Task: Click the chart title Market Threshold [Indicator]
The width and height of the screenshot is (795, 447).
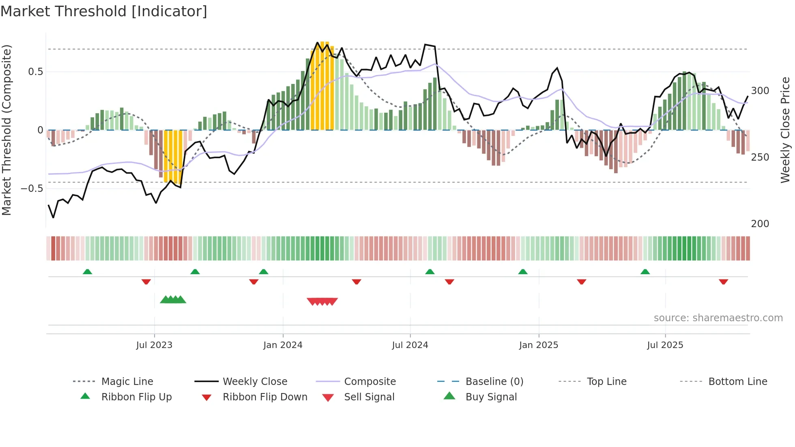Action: click(x=104, y=11)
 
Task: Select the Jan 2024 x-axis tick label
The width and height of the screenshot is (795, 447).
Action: click(x=283, y=345)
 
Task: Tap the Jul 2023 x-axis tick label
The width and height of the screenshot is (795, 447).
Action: click(x=154, y=345)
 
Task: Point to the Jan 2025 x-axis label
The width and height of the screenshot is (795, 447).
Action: click(x=539, y=345)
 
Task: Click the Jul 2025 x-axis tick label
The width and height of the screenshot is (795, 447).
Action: click(x=665, y=345)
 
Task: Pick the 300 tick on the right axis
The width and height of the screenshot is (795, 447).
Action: click(x=760, y=91)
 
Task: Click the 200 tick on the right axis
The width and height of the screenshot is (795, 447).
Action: click(x=760, y=224)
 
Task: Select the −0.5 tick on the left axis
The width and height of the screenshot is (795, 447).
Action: click(x=32, y=189)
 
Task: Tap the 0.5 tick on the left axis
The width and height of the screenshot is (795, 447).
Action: click(x=35, y=72)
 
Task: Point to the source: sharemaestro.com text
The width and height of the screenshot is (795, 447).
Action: click(x=718, y=318)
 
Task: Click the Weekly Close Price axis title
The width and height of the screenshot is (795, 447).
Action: click(x=785, y=130)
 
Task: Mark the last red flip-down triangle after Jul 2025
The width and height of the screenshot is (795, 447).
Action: click(x=723, y=282)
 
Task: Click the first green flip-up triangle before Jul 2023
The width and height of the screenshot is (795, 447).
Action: click(x=87, y=272)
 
